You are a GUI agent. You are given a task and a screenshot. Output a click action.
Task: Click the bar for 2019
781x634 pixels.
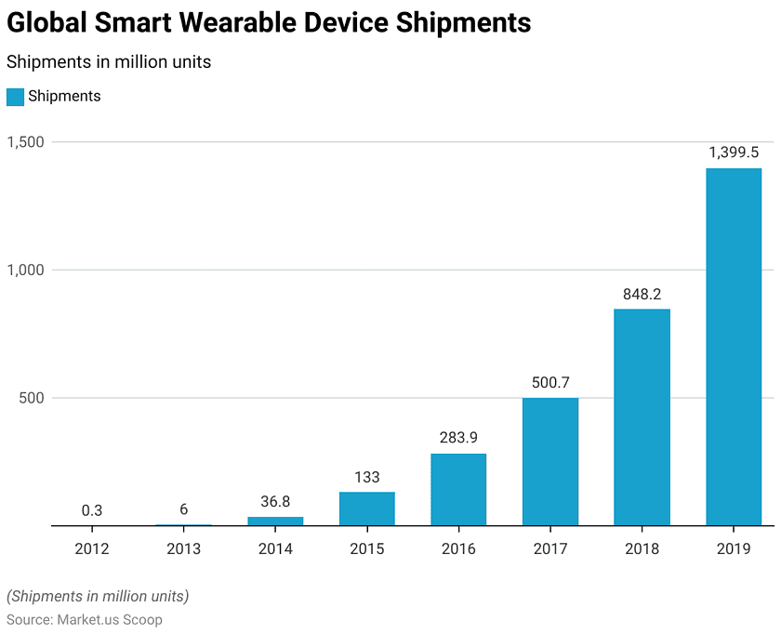pyautogui.click(x=734, y=347)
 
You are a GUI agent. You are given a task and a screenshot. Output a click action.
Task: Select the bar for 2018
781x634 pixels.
pyautogui.click(x=642, y=417)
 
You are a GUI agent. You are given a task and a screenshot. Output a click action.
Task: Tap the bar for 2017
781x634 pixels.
pyautogui.click(x=550, y=462)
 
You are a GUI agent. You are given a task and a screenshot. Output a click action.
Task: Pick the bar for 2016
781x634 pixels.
pyautogui.click(x=458, y=489)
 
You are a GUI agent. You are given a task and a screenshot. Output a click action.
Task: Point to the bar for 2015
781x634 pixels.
pyautogui.click(x=367, y=509)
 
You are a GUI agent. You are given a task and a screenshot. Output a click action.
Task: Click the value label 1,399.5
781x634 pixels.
pyautogui.click(x=734, y=152)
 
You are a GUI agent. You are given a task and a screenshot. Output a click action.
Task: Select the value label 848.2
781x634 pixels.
pyautogui.click(x=642, y=294)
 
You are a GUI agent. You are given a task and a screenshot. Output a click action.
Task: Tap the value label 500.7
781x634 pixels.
pyautogui.click(x=550, y=383)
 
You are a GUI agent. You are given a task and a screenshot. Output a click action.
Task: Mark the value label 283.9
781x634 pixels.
pyautogui.click(x=458, y=438)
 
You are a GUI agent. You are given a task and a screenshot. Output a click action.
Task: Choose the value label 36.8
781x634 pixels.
pyautogui.click(x=275, y=501)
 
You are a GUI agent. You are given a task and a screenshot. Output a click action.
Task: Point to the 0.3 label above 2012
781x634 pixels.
pyautogui.click(x=92, y=510)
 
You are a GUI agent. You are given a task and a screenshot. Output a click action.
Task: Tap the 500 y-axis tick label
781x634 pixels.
pyautogui.click(x=33, y=398)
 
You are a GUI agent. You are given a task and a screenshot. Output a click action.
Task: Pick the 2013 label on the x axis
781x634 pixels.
pyautogui.click(x=184, y=548)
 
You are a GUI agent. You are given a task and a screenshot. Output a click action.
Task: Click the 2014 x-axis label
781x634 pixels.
pyautogui.click(x=275, y=548)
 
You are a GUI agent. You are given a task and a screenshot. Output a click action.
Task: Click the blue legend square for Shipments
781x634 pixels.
pyautogui.click(x=15, y=97)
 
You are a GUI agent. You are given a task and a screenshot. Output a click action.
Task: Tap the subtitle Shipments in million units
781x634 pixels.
pyautogui.click(x=109, y=62)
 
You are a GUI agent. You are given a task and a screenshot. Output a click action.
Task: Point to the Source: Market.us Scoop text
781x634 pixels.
pyautogui.click(x=85, y=619)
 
